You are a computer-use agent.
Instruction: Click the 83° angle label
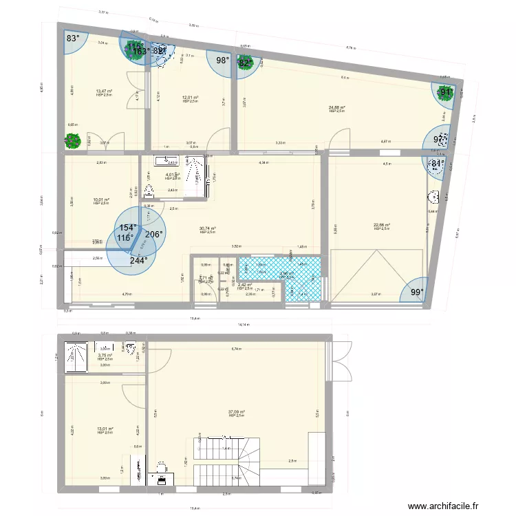(x=73, y=39)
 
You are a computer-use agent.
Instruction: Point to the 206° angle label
(x=153, y=235)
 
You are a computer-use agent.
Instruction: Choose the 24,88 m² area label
(x=337, y=107)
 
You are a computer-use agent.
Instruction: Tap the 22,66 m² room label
(x=382, y=225)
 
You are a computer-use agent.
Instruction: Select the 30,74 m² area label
(x=208, y=229)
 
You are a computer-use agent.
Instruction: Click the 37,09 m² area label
(x=237, y=412)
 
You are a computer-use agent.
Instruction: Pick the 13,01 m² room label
(x=105, y=429)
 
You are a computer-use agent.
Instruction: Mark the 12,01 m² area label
(x=191, y=98)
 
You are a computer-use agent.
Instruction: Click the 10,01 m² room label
(x=101, y=200)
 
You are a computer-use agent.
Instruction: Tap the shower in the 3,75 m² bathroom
(x=76, y=355)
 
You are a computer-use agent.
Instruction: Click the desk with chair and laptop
(x=160, y=470)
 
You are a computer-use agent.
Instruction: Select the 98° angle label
(x=223, y=61)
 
